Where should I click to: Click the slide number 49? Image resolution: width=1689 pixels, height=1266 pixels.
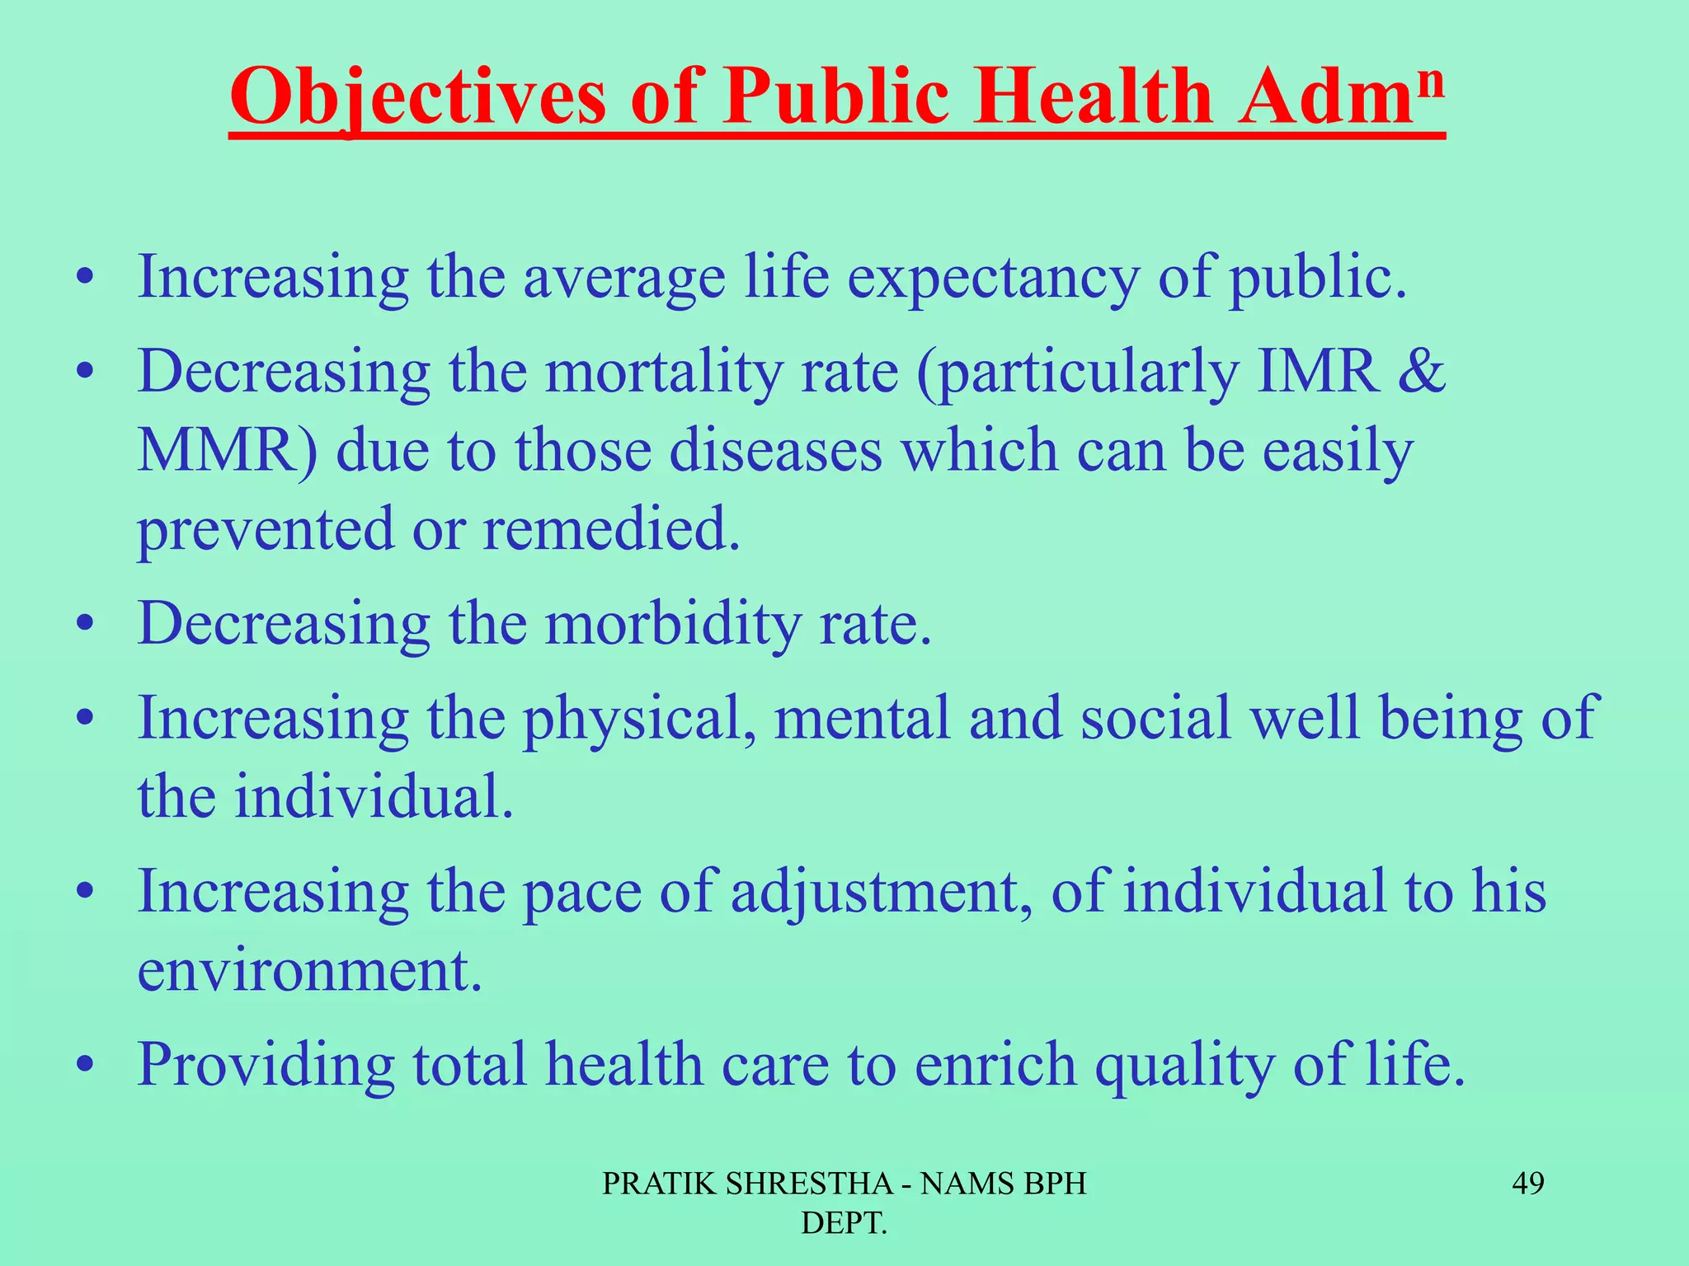click(x=1527, y=1184)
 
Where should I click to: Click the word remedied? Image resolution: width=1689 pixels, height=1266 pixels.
click(x=611, y=528)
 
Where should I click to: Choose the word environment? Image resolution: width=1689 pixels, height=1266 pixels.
click(x=309, y=970)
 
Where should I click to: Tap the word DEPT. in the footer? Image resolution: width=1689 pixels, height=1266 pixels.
click(x=844, y=1224)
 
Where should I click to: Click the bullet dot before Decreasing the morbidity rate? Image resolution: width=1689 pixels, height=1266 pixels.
click(x=83, y=625)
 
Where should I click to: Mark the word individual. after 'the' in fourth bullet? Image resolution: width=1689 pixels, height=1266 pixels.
click(x=374, y=797)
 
